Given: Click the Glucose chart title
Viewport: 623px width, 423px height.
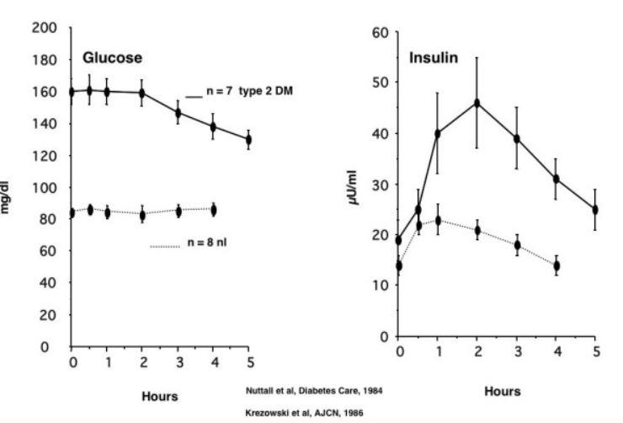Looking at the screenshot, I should click(x=111, y=58).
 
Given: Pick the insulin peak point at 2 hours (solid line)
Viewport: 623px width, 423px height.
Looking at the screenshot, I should click(x=477, y=103).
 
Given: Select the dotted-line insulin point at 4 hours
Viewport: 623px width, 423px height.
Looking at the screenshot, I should click(x=556, y=265).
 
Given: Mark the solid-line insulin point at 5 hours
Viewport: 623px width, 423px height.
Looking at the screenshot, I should click(x=596, y=210).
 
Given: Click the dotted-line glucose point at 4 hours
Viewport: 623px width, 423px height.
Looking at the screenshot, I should click(x=213, y=209).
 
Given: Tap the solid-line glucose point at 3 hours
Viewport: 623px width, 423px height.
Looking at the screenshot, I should click(x=178, y=113).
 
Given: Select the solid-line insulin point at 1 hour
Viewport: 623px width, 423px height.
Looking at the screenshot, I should click(x=437, y=133).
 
